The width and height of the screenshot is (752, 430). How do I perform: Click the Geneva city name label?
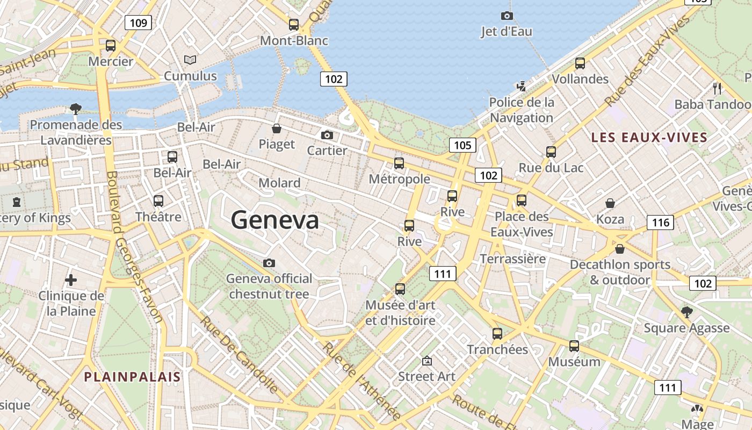pyautogui.click(x=274, y=220)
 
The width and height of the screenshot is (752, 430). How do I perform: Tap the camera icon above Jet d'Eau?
pyautogui.click(x=507, y=16)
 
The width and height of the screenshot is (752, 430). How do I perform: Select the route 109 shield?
pyautogui.click(x=138, y=23)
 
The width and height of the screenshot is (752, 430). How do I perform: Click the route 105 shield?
pyautogui.click(x=462, y=145)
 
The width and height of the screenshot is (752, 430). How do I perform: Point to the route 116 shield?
pyautogui.click(x=660, y=222)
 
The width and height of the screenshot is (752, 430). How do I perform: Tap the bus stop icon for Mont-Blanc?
pyautogui.click(x=293, y=24)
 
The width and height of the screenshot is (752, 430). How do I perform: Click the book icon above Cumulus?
pyautogui.click(x=190, y=60)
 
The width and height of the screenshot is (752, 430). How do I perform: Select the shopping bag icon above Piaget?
pyautogui.click(x=277, y=128)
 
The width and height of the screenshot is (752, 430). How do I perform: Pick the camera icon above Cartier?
pyautogui.click(x=327, y=135)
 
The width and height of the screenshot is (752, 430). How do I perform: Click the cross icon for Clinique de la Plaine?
pyautogui.click(x=70, y=280)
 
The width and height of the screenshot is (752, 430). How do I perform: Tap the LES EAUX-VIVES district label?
pyautogui.click(x=649, y=137)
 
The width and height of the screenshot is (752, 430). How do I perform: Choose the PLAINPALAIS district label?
pyautogui.click(x=132, y=376)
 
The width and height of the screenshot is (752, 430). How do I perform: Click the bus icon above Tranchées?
pyautogui.click(x=497, y=333)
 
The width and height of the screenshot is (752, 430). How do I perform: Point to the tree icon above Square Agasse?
pyautogui.click(x=686, y=312)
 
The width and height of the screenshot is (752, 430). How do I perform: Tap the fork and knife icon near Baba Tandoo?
pyautogui.click(x=717, y=88)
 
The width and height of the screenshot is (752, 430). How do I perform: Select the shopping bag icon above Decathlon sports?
pyautogui.click(x=620, y=249)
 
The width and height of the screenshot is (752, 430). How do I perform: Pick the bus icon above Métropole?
pyautogui.click(x=399, y=163)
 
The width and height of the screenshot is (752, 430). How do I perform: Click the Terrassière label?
pyautogui.click(x=512, y=259)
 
